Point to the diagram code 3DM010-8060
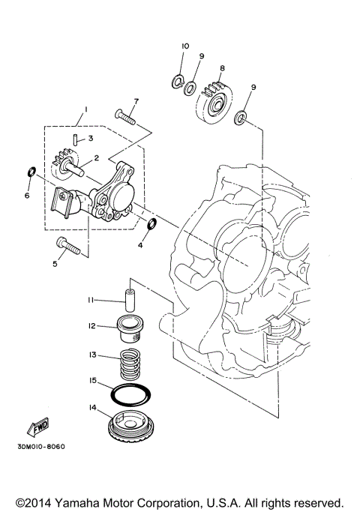point(39,447)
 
